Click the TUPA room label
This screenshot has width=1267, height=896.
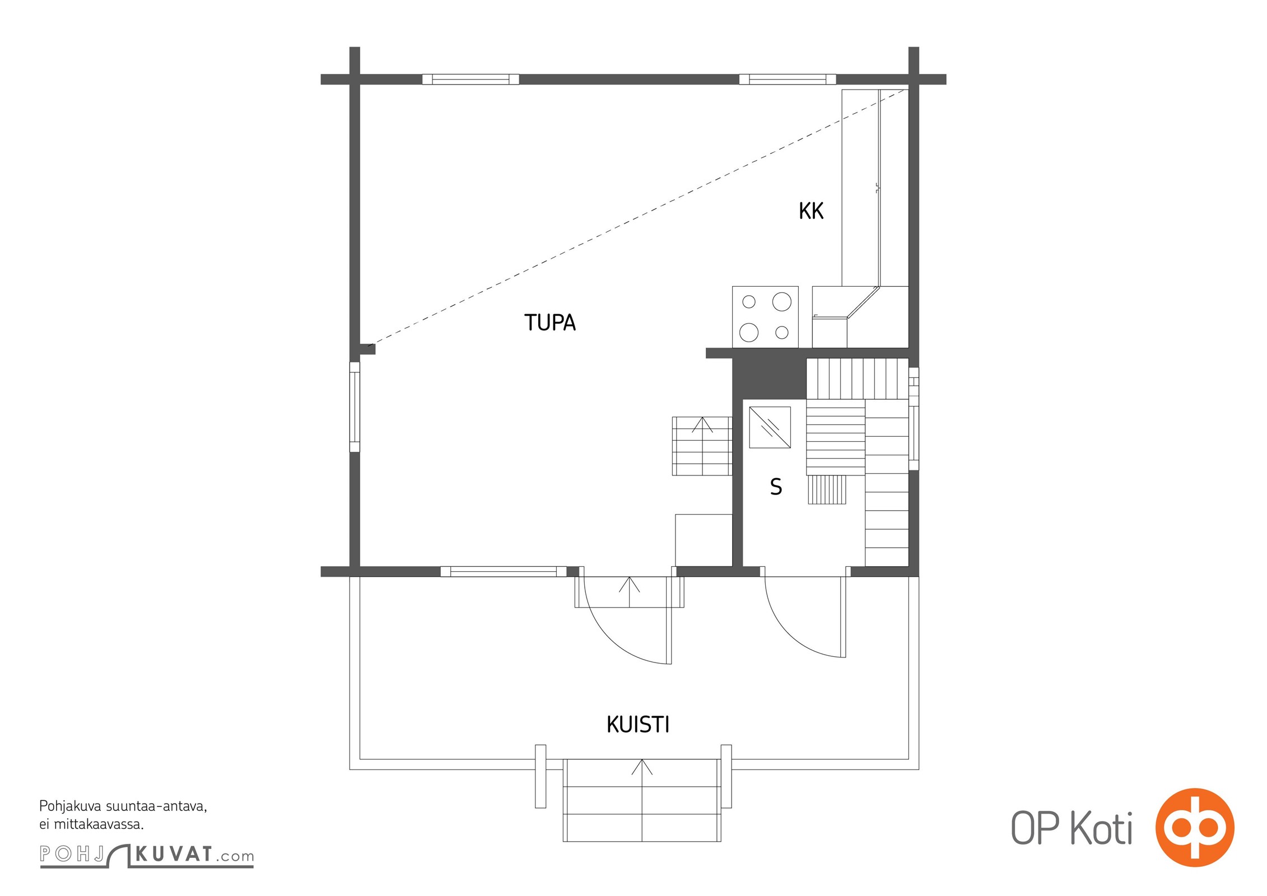549,323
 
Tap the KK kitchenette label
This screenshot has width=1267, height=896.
811,211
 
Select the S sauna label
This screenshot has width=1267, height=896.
776,487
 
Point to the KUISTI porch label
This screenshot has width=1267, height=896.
638,725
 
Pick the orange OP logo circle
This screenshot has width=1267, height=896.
1195,827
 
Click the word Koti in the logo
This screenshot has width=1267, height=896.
1102,829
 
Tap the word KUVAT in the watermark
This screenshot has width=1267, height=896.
174,854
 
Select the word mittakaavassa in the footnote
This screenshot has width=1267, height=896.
99,824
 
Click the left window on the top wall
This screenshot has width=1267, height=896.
471,80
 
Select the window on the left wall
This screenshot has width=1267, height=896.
355,407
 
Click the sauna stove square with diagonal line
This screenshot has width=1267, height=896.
770,427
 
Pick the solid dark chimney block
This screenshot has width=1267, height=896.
769,378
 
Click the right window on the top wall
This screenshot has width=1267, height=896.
788,80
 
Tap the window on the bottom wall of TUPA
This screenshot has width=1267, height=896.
504,572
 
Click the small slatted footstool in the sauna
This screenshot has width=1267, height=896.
827,489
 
